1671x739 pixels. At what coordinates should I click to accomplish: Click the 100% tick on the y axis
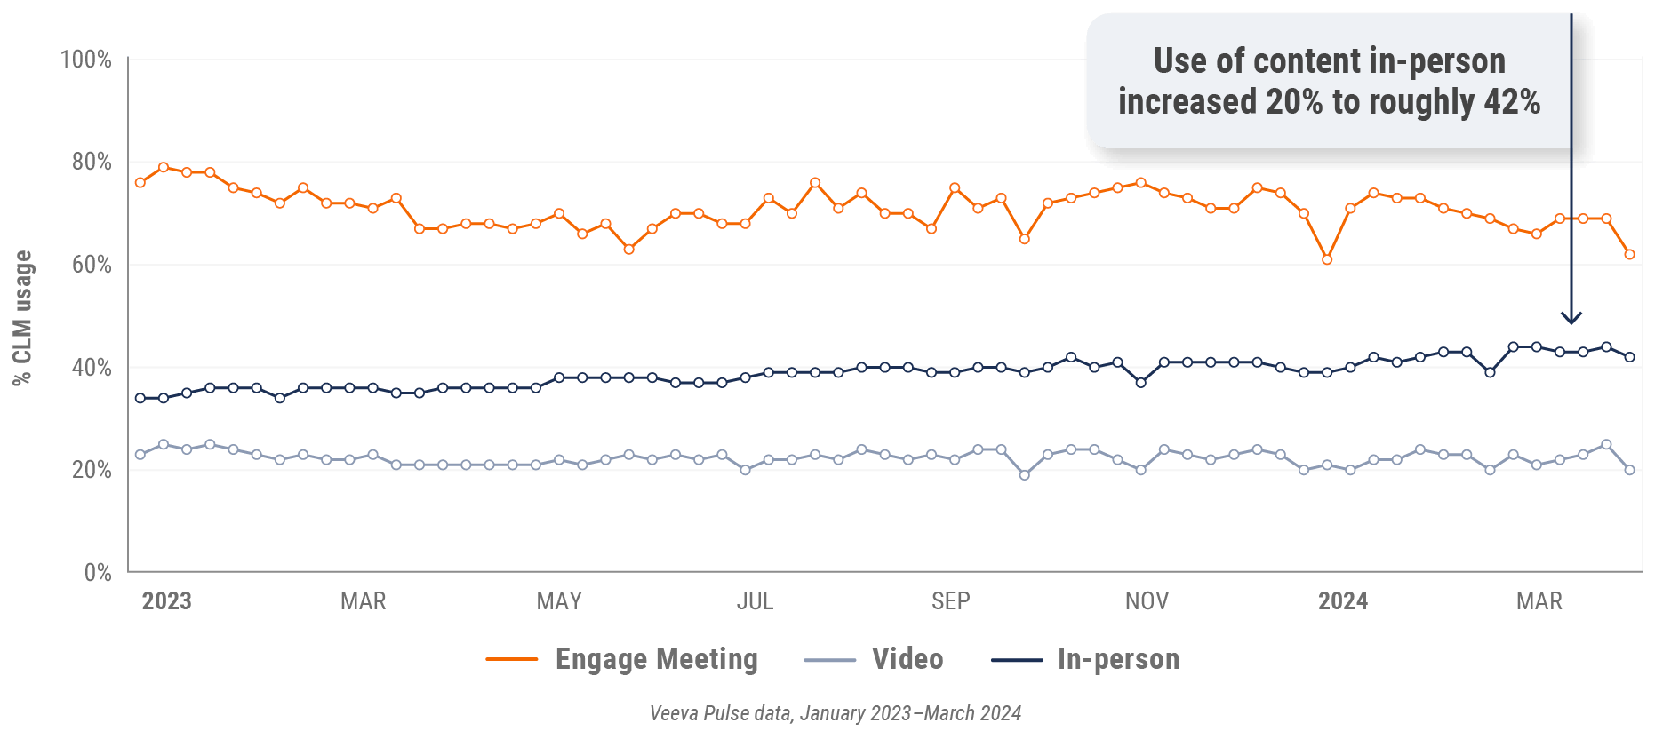[85, 60]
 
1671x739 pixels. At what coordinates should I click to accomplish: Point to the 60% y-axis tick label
[92, 266]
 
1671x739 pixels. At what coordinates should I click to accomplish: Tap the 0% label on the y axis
[98, 573]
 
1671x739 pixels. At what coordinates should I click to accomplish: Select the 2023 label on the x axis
[166, 601]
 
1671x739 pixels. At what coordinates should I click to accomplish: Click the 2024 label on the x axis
[1342, 601]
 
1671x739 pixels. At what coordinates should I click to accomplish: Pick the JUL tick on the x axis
[755, 601]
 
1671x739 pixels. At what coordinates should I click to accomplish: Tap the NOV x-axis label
[1147, 601]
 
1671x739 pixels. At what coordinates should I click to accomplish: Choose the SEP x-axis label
[950, 601]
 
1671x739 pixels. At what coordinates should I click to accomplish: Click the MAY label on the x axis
[559, 601]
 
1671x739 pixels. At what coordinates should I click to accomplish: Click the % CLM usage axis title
[22, 317]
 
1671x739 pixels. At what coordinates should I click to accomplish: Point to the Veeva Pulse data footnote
[835, 713]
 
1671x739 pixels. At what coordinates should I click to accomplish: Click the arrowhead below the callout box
[1571, 318]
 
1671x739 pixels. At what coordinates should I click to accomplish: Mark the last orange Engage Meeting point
[1629, 255]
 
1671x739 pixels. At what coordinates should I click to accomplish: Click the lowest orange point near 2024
[1327, 259]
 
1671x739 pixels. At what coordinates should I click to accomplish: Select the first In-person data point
[140, 398]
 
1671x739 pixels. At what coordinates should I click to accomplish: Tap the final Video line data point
[1629, 470]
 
